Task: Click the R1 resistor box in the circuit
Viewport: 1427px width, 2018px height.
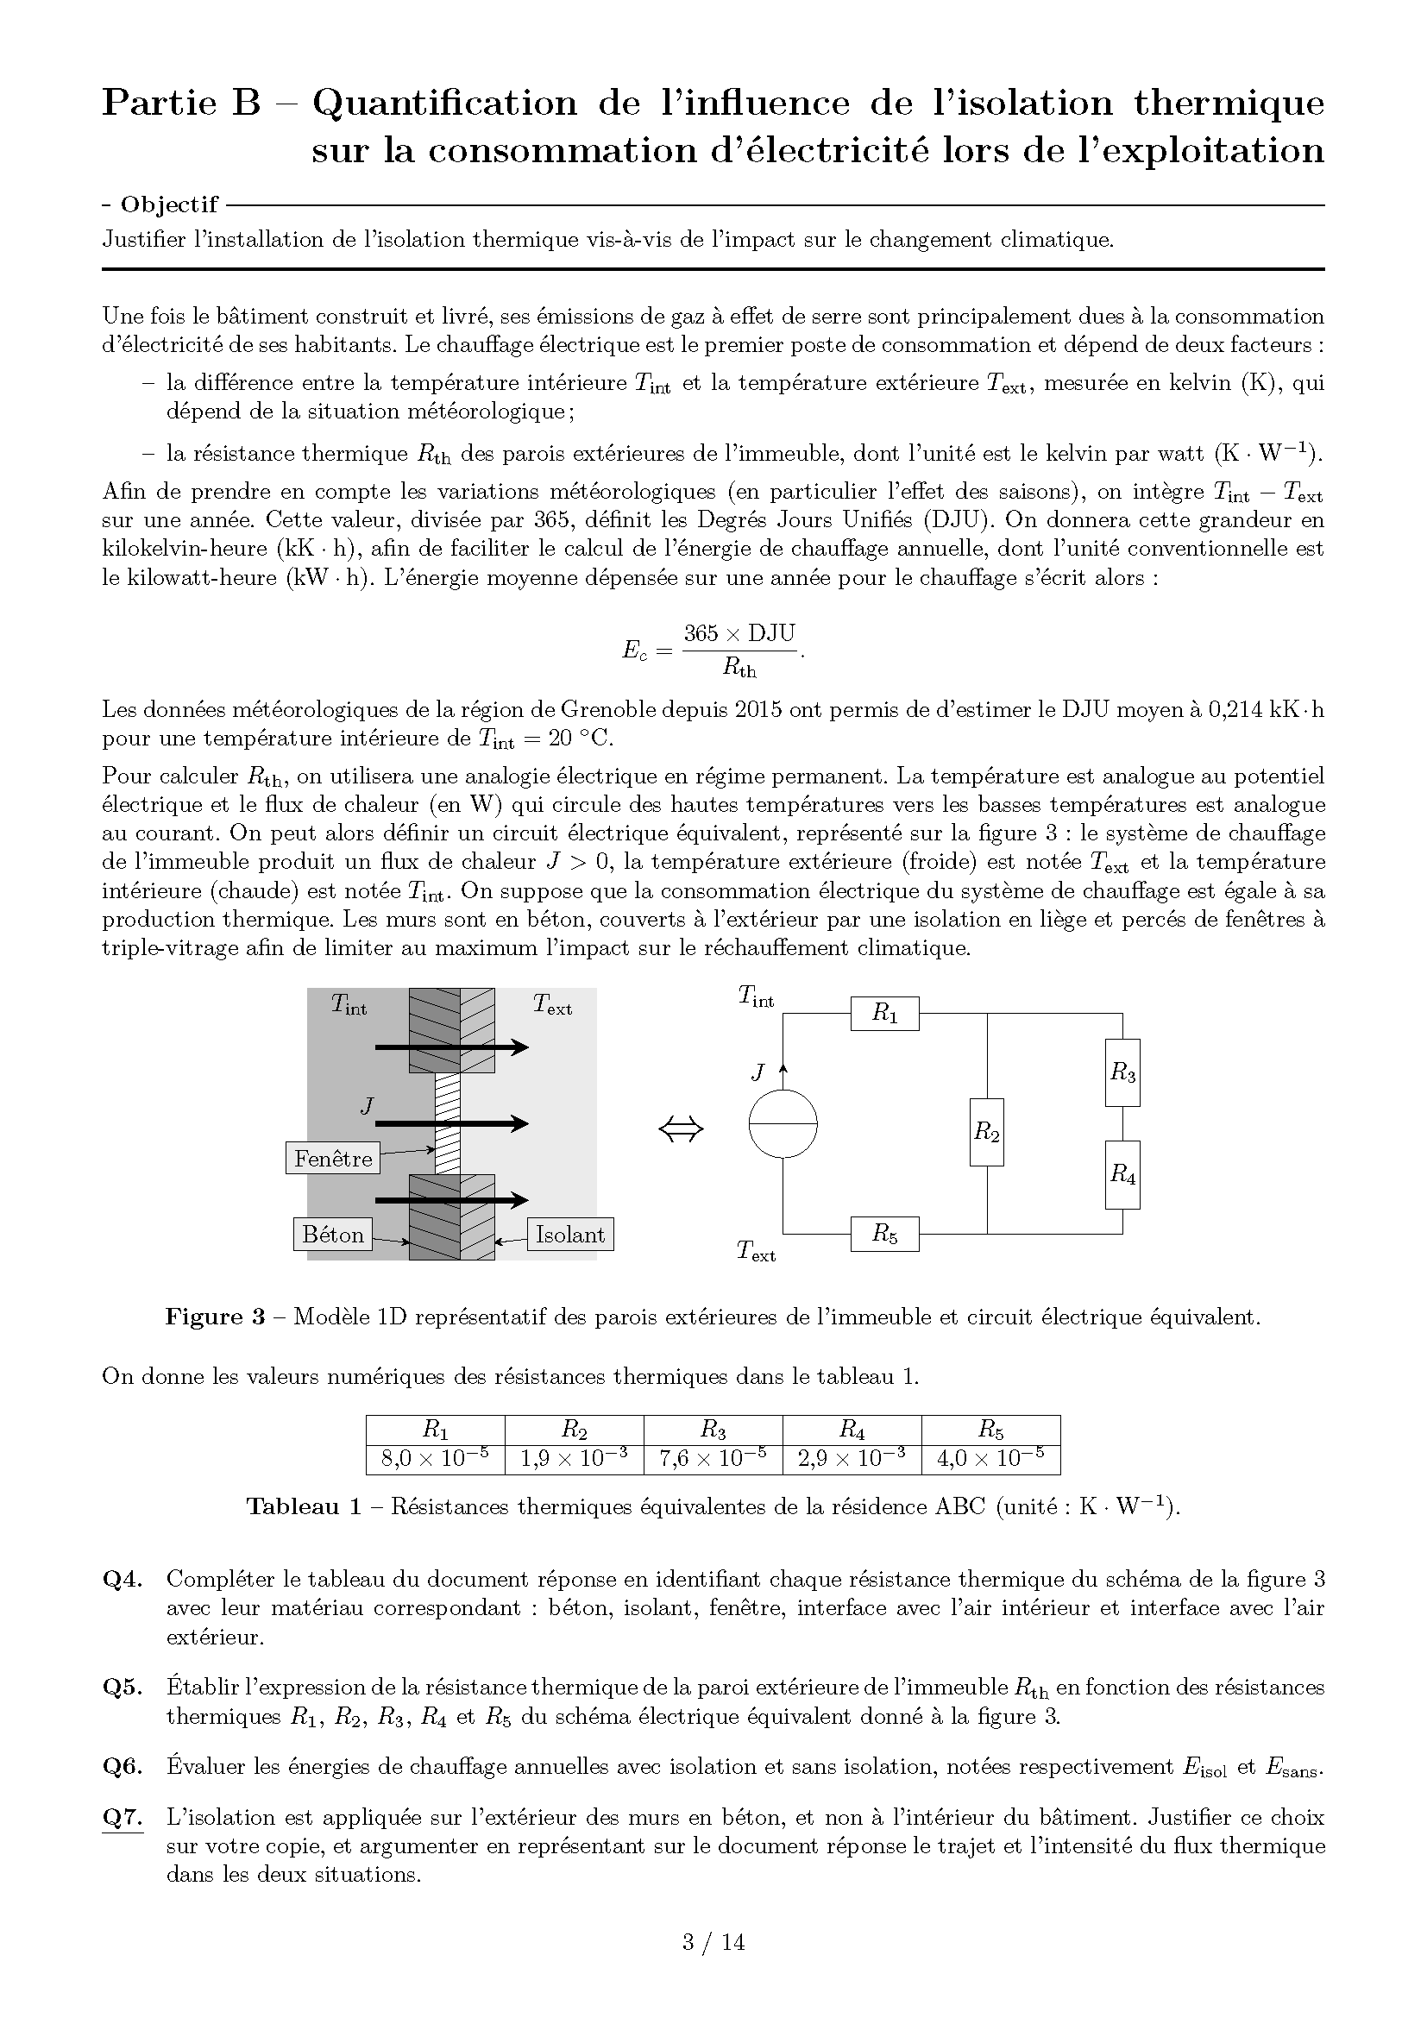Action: pos(884,1014)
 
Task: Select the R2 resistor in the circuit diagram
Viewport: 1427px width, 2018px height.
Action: pos(987,1132)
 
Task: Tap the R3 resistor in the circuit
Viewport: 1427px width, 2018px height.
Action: pos(1122,1072)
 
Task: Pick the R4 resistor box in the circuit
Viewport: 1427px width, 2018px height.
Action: pos(1122,1174)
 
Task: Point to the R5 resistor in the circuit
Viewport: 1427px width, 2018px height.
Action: pos(884,1234)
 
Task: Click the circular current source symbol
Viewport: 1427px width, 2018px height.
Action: pos(783,1124)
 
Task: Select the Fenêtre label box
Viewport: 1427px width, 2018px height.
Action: pos(333,1159)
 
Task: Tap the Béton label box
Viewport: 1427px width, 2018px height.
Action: pos(332,1234)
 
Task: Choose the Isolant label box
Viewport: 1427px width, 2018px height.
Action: pos(570,1234)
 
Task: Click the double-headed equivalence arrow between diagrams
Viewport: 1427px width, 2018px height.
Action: pos(681,1129)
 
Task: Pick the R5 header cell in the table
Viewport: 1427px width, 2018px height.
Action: pos(990,1430)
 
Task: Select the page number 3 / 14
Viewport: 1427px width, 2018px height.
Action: pos(713,1941)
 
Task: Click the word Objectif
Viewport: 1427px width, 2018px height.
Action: pos(169,204)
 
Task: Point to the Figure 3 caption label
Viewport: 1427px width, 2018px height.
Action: pos(216,1317)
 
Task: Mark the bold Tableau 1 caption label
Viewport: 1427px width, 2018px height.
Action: pos(303,1506)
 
